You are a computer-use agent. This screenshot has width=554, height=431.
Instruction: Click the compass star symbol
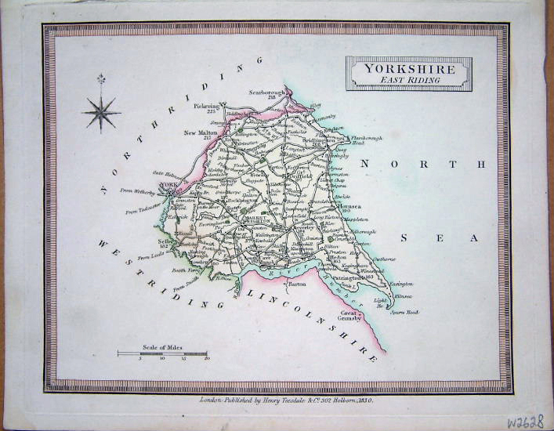tap(102, 110)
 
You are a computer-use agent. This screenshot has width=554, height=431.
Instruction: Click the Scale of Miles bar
tap(162, 353)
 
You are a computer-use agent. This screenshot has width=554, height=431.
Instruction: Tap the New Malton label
tap(201, 132)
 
